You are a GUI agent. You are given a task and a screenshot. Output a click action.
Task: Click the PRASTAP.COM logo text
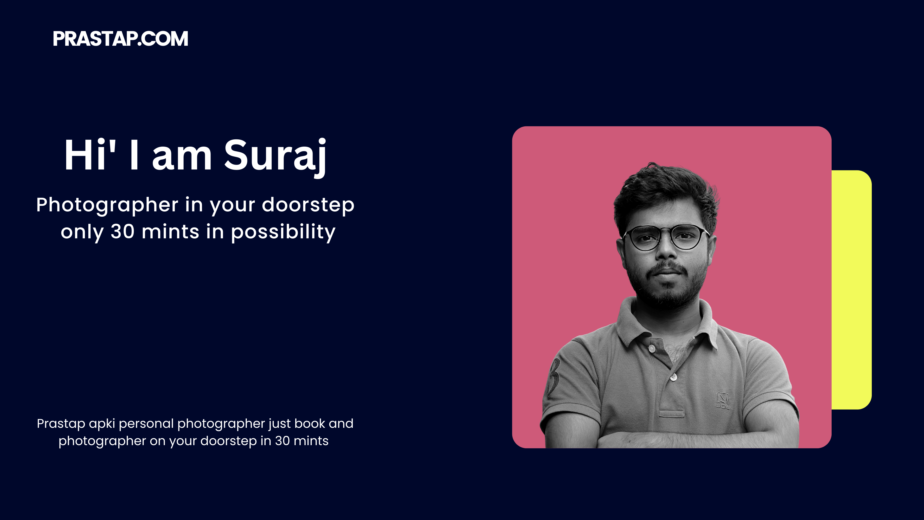pos(121,39)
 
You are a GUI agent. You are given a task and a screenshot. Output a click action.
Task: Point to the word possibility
pos(283,232)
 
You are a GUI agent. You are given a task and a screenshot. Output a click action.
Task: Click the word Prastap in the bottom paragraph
pos(61,424)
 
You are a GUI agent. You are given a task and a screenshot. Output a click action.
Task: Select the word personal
pos(146,424)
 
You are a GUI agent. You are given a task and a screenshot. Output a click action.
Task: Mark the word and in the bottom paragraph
pos(341,423)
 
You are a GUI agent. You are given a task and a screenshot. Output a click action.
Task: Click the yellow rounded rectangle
pos(852,290)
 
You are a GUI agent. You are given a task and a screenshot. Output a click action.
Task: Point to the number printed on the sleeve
pos(554,375)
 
